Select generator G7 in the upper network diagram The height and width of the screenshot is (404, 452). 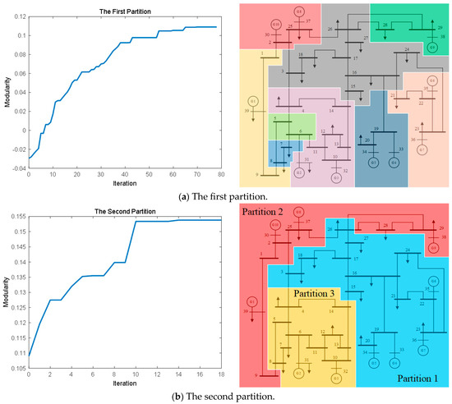point(422,150)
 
